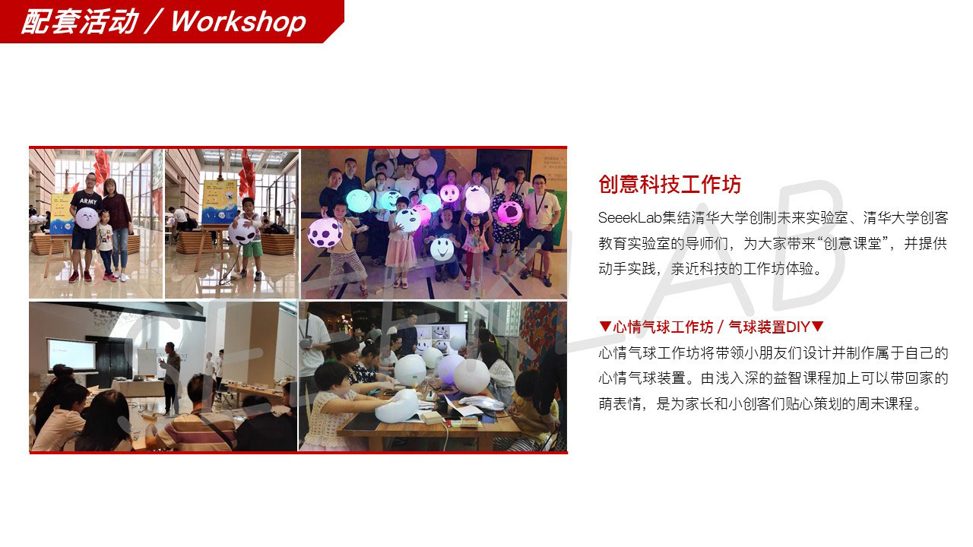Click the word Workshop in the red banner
point(239,22)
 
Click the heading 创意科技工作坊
point(670,184)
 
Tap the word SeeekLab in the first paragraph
point(629,217)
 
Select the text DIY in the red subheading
point(797,327)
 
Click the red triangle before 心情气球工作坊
point(604,326)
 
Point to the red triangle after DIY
point(817,326)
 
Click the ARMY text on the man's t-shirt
point(88,201)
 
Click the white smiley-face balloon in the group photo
point(442,248)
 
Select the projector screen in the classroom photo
point(72,355)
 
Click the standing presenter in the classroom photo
point(171,378)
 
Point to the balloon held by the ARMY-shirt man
point(87,217)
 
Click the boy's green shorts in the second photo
point(252,249)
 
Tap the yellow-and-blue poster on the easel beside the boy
point(220,202)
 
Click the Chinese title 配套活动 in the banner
point(80,22)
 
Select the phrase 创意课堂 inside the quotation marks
point(852,243)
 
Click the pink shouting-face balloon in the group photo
point(510,213)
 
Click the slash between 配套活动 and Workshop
point(155,22)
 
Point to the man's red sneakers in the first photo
point(81,276)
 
